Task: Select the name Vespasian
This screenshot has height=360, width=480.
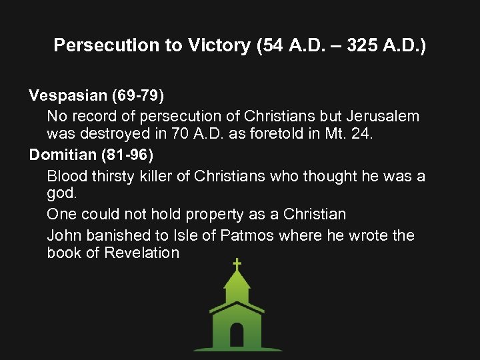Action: coord(63,96)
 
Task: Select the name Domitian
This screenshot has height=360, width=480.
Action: coord(61,155)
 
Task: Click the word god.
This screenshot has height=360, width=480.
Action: coord(60,193)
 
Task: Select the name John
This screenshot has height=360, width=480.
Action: coord(63,235)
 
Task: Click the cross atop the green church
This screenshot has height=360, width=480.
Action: coord(237,265)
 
